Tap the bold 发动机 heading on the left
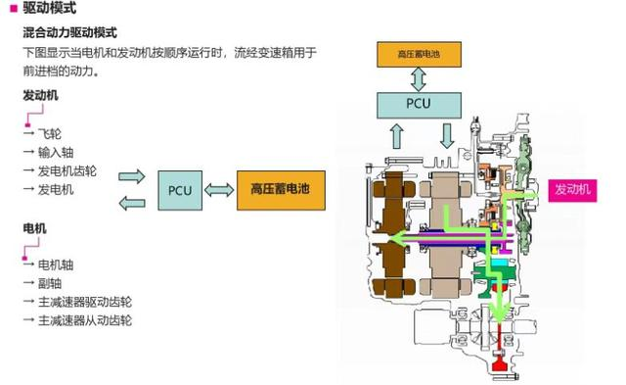point(40,96)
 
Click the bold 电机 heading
point(34,228)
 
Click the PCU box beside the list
point(180,189)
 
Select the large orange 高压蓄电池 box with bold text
point(280,189)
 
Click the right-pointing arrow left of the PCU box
point(130,176)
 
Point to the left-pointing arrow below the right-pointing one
point(130,203)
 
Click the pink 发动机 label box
point(572,189)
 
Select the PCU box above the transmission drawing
point(420,103)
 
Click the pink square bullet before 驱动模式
point(11,9)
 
